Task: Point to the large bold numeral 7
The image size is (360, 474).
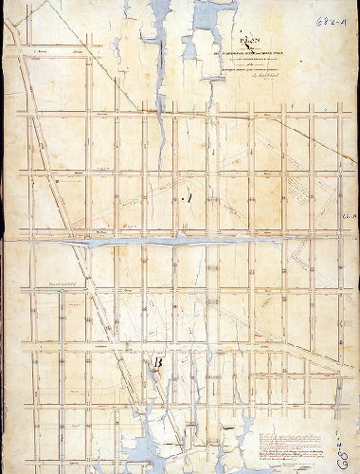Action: [188, 198]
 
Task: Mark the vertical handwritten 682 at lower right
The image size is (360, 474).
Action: [349, 446]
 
